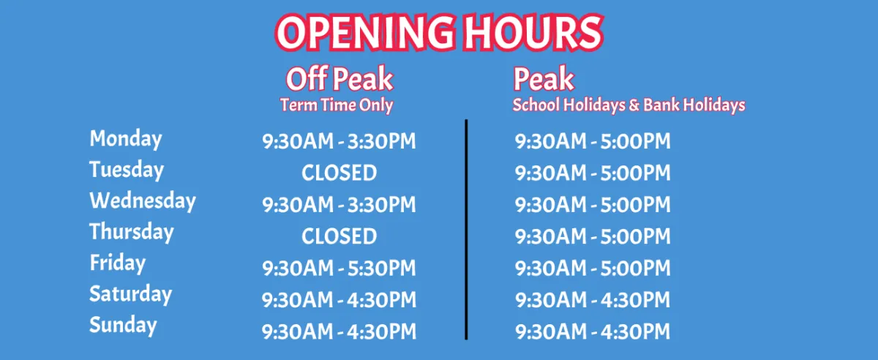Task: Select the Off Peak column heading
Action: (x=339, y=79)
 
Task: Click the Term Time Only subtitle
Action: (x=337, y=105)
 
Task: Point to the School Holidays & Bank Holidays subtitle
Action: (x=629, y=105)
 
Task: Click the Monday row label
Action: (x=126, y=139)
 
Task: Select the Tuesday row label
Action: (x=127, y=170)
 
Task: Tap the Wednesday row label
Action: (x=143, y=200)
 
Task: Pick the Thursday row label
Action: (x=132, y=232)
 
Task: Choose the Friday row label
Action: (x=118, y=263)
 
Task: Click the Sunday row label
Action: (x=123, y=325)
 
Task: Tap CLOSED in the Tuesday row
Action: (x=339, y=173)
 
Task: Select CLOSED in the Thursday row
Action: (x=339, y=236)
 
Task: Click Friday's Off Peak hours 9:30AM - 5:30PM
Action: (x=339, y=269)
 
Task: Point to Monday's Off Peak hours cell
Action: (x=339, y=141)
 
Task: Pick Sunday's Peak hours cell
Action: (x=593, y=331)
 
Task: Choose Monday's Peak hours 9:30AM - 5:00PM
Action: (x=593, y=141)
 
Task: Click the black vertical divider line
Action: (x=466, y=230)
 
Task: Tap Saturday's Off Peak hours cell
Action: (x=339, y=300)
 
